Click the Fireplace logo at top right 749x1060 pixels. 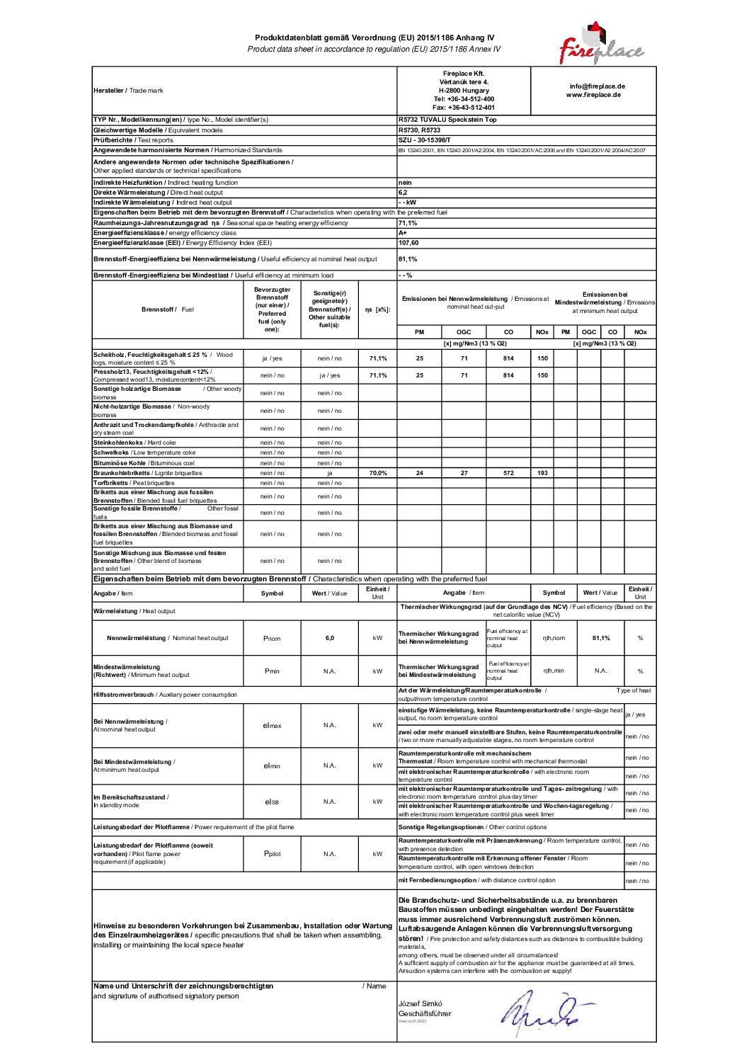pyautogui.click(x=600, y=44)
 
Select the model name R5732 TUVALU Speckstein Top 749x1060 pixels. pyautogui.click(x=447, y=120)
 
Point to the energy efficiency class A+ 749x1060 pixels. pyautogui.click(x=403, y=233)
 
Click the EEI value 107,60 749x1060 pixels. pyautogui.click(x=408, y=243)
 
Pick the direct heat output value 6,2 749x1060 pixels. pyautogui.click(x=403, y=193)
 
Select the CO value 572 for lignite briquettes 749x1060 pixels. pyautogui.click(x=508, y=473)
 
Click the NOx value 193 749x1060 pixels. pyautogui.click(x=542, y=473)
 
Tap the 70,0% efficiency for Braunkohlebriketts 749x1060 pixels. pyautogui.click(x=377, y=473)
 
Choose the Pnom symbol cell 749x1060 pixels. pyautogui.click(x=272, y=639)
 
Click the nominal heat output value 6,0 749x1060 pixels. pyautogui.click(x=329, y=638)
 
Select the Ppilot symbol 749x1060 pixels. pyautogui.click(x=272, y=854)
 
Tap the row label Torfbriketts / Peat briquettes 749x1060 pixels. pyautogui.click(x=134, y=483)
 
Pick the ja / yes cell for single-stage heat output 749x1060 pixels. pyautogui.click(x=636, y=714)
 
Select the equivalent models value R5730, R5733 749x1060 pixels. pyautogui.click(x=419, y=130)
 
